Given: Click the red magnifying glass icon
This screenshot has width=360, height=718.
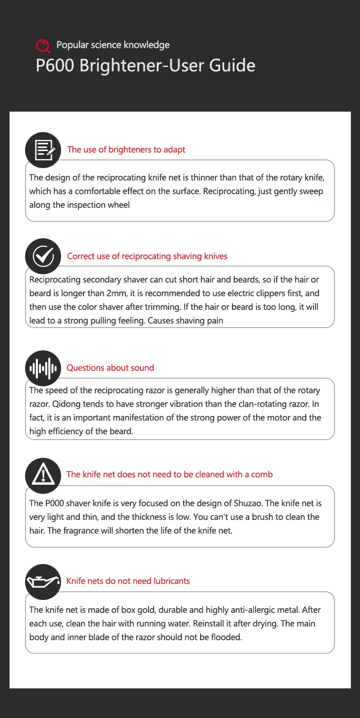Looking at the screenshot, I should tap(43, 46).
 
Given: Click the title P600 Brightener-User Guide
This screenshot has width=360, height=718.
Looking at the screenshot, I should tap(145, 66).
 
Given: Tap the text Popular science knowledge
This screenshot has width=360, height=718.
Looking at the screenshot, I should tap(113, 45).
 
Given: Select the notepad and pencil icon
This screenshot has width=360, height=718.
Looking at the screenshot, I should tap(43, 150).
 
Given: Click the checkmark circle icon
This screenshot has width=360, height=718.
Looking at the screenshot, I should tap(43, 256).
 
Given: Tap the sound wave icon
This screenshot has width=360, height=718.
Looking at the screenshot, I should tap(43, 368).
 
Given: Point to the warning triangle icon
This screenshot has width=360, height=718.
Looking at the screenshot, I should tap(43, 475).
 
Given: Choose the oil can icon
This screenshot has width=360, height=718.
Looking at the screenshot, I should tap(43, 582).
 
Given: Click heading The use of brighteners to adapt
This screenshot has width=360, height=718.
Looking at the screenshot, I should tap(126, 149).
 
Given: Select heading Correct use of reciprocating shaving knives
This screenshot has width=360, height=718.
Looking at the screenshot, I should tap(147, 256).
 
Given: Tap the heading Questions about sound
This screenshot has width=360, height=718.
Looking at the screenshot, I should tap(110, 368).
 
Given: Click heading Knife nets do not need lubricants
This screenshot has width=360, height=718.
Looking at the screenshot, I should tap(128, 581).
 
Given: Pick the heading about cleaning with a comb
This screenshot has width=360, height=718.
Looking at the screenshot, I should tap(170, 474).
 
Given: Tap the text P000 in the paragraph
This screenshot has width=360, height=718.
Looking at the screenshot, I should tap(54, 503).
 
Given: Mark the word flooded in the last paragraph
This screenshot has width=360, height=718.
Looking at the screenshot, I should tap(226, 637).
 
